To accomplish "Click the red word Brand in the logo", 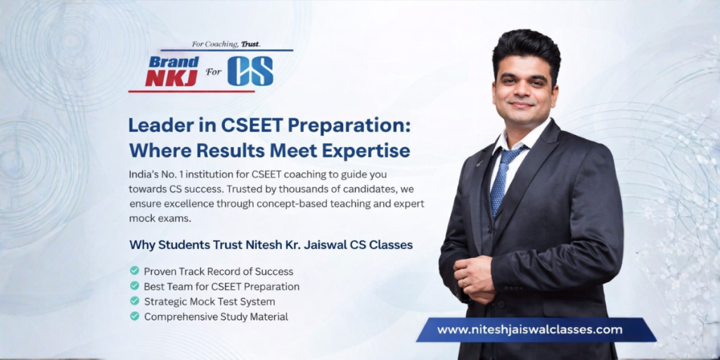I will [x=174, y=62].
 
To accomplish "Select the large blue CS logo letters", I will [x=250, y=71].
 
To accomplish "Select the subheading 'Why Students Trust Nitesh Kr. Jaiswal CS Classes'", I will [x=271, y=245].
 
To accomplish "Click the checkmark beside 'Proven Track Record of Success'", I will [x=134, y=271].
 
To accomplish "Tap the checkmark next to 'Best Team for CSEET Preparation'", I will [x=134, y=286].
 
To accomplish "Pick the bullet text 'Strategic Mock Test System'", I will [x=210, y=302].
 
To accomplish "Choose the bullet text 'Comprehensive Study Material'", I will [x=216, y=317].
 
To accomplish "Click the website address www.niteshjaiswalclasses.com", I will [x=529, y=329].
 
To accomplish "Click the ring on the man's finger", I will [x=464, y=282].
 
